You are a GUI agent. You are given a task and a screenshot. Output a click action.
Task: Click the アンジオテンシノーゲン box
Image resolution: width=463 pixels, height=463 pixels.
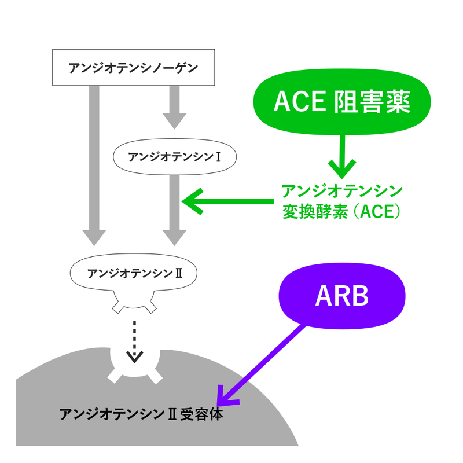133,67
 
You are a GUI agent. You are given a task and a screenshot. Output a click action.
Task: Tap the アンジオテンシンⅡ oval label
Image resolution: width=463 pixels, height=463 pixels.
135,272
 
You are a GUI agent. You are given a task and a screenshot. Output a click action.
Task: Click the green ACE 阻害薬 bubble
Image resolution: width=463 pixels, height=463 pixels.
341,103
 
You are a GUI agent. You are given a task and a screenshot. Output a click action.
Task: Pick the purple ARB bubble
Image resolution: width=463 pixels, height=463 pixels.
341,296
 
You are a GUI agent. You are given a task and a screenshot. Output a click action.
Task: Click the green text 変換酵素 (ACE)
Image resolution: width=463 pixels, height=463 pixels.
341,212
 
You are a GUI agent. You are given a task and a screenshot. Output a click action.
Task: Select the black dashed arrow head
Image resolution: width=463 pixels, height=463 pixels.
135,357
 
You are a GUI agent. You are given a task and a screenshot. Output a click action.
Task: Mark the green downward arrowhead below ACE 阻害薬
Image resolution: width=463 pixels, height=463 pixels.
341,170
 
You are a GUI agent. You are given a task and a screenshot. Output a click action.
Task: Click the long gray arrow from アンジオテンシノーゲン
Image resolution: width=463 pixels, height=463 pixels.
94,162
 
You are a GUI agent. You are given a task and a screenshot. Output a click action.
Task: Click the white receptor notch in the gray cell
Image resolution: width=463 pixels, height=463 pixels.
135,370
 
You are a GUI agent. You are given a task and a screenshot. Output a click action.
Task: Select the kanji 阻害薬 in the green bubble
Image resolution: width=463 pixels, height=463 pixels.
372,103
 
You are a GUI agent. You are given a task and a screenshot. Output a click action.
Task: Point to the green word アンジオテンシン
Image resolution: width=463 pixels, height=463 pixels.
341,191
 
